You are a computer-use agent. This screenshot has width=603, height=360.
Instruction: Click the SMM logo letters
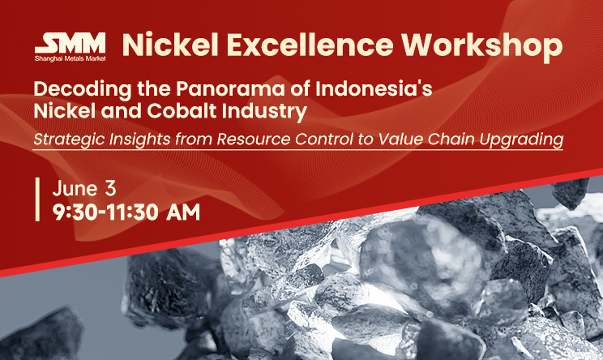tap(70, 43)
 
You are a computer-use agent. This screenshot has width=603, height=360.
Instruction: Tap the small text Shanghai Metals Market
tap(70, 58)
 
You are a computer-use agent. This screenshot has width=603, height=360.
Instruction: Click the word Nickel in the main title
tap(170, 45)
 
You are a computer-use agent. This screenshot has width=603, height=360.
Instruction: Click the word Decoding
tap(83, 90)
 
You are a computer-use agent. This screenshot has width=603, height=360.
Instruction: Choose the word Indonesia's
tap(374, 89)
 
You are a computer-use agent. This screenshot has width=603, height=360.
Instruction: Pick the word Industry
tap(264, 112)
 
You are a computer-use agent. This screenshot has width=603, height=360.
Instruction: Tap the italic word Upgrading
tap(521, 139)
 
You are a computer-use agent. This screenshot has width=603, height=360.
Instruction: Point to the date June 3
tap(84, 189)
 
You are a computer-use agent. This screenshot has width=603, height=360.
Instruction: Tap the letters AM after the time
tap(183, 212)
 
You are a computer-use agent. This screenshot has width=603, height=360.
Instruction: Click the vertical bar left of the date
tap(37, 199)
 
